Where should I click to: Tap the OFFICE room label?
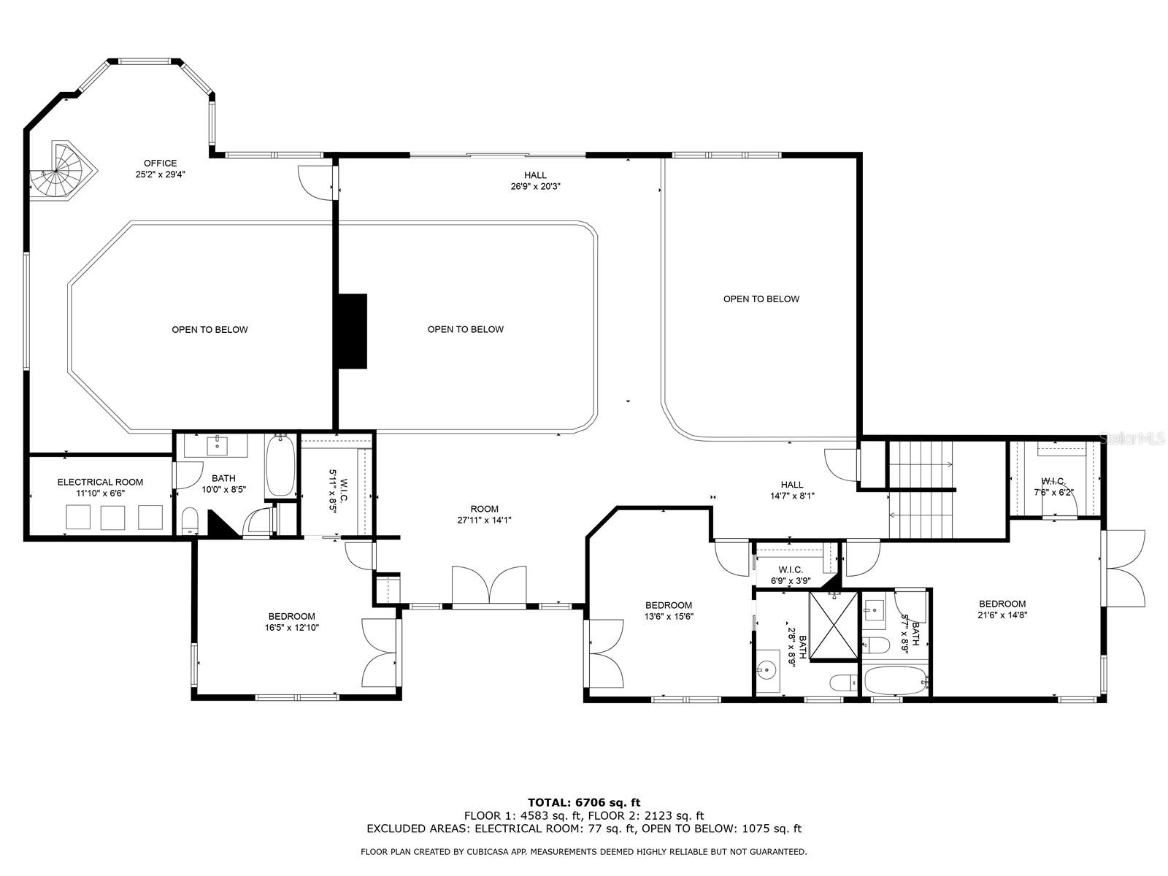click(160, 164)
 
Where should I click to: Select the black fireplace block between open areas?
click(351, 331)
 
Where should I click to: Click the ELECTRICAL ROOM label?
click(100, 482)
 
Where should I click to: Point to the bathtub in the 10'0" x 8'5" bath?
click(280, 466)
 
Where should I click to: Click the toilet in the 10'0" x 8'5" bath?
click(189, 520)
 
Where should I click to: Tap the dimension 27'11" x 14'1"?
click(484, 520)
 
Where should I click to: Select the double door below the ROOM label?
click(489, 585)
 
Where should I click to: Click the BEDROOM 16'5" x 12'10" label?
click(291, 616)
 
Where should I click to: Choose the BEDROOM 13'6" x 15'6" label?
click(668, 605)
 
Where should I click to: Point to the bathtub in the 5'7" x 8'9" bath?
click(895, 682)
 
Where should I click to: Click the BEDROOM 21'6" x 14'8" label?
click(1002, 604)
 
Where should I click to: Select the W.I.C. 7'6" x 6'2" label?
click(1053, 482)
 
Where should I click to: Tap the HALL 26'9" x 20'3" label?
click(535, 175)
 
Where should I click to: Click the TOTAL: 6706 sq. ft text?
click(584, 802)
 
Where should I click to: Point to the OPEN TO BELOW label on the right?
click(761, 299)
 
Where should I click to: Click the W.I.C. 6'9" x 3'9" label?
click(790, 570)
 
